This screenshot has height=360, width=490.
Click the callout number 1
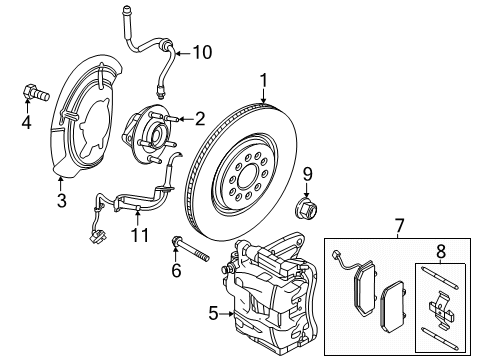pyautogui.click(x=263, y=79)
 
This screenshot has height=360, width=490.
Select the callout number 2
pyautogui.click(x=199, y=118)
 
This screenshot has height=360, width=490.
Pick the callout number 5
pyautogui.click(x=212, y=312)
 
